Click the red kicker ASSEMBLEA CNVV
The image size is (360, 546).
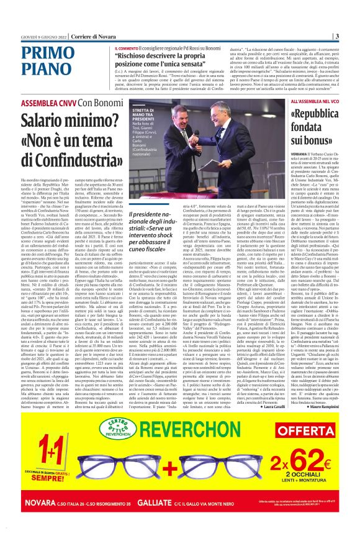(x=48, y=102)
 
